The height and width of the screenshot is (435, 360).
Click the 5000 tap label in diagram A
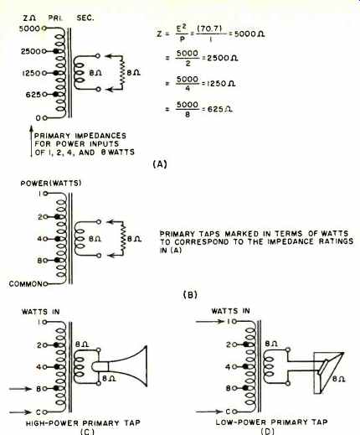point(30,28)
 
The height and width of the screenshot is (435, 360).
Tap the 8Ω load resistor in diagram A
point(122,73)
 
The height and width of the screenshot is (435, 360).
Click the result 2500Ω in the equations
point(223,58)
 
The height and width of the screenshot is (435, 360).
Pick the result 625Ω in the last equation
point(220,109)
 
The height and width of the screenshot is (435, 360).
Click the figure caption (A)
point(160,164)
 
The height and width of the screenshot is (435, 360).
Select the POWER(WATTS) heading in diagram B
point(51,184)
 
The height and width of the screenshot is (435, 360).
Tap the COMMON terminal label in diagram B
point(26,284)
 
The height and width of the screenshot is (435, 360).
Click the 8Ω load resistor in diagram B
point(123,239)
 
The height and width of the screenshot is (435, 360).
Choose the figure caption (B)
point(190,294)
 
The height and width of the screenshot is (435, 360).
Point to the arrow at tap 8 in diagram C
point(20,389)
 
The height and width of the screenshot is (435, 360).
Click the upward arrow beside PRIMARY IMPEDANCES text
point(32,142)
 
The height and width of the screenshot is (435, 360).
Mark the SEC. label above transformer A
point(85,18)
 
